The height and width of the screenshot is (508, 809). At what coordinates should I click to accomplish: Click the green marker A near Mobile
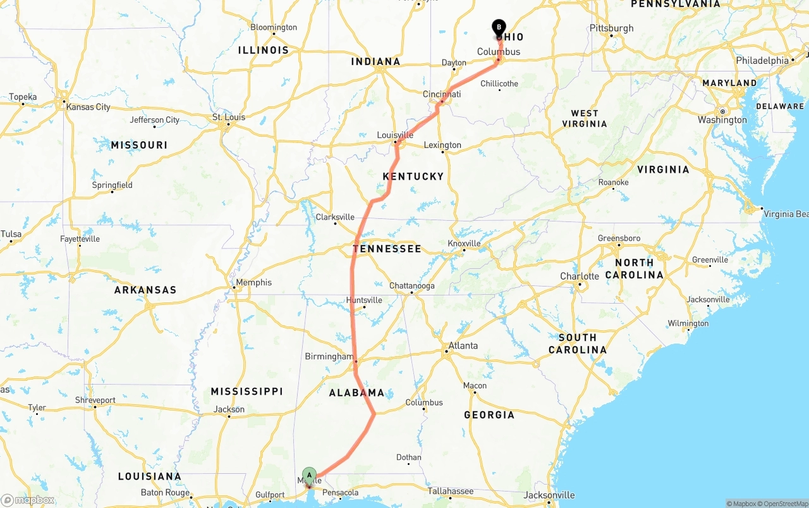(309, 475)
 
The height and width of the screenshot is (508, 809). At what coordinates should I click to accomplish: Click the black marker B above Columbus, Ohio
(499, 27)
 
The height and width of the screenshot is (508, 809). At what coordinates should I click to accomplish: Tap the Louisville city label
(395, 135)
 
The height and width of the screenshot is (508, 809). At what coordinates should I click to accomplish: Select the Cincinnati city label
(442, 94)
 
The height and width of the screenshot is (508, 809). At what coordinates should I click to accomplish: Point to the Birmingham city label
(329, 357)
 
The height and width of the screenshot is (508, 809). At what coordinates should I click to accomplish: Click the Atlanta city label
(463, 346)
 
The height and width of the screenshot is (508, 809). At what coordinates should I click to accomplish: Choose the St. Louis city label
(228, 117)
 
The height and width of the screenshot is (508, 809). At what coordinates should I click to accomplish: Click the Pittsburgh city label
(611, 28)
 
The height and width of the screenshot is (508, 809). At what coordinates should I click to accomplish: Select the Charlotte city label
(580, 276)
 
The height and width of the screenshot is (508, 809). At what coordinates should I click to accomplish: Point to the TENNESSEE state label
(387, 249)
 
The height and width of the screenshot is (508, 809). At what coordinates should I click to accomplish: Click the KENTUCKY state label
(413, 177)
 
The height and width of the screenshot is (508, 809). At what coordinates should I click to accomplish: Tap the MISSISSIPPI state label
(246, 392)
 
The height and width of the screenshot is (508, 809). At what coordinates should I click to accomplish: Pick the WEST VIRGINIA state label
(585, 118)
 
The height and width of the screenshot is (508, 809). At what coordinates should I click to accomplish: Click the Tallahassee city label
(450, 491)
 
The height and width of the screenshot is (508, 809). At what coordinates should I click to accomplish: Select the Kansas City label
(88, 107)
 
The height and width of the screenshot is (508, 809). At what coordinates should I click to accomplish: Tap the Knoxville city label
(464, 244)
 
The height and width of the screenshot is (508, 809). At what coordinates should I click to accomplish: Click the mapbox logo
(28, 500)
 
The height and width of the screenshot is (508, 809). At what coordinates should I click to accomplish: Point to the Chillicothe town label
(499, 84)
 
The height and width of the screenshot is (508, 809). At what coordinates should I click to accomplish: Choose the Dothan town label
(409, 457)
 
